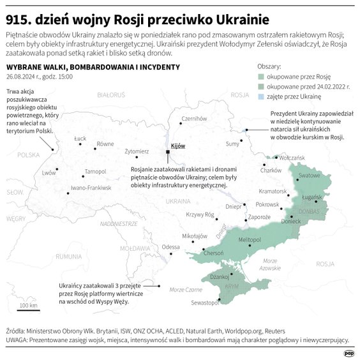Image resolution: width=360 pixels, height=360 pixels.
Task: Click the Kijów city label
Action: click(x=177, y=146)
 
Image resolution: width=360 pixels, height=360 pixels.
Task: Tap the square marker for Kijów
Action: click(x=168, y=153)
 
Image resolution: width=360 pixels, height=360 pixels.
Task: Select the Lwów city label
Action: click(x=49, y=172)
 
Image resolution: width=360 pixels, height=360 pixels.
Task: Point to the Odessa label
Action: click(x=170, y=246)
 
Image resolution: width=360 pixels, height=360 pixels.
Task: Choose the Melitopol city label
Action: click(x=250, y=238)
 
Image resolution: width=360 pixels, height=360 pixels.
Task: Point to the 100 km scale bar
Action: click(x=27, y=310)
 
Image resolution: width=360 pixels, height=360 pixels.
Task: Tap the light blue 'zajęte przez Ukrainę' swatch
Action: click(x=261, y=96)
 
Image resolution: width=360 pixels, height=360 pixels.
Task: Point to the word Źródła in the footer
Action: click(x=15, y=331)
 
